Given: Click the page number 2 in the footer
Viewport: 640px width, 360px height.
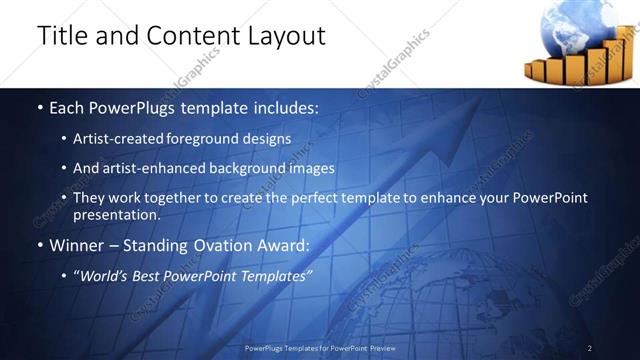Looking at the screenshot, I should pyautogui.click(x=590, y=348).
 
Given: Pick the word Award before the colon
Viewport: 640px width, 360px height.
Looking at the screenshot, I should pyautogui.click(x=284, y=245).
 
